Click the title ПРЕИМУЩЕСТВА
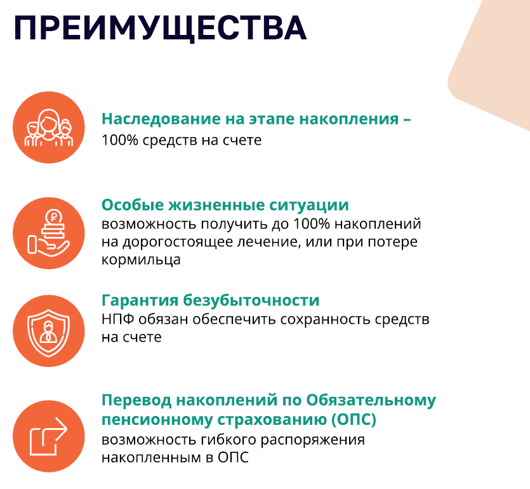pyautogui.click(x=160, y=29)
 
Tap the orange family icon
pyautogui.click(x=49, y=128)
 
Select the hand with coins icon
pyautogui.click(x=49, y=233)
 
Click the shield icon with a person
pyautogui.click(x=49, y=331)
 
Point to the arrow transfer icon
pyautogui.click(x=49, y=436)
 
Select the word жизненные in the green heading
pyautogui.click(x=216, y=205)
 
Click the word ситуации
pyautogui.click(x=309, y=206)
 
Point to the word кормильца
pyautogui.click(x=141, y=260)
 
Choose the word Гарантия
pyautogui.click(x=140, y=300)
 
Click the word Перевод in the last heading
pyautogui.click(x=136, y=400)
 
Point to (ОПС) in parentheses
pyautogui.click(x=354, y=420)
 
